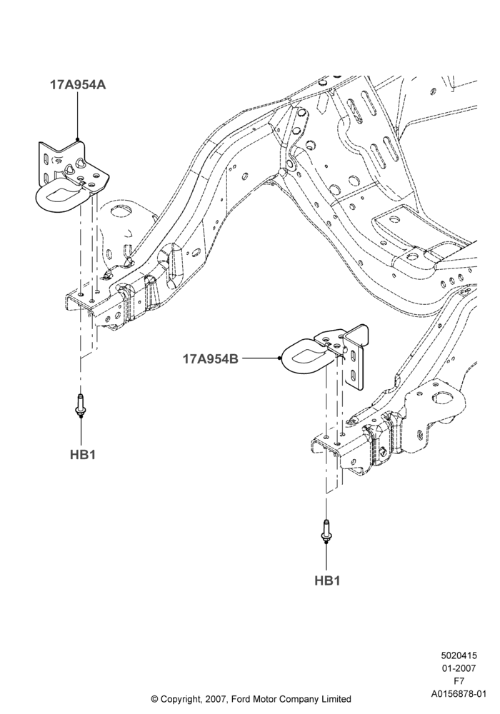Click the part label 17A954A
pyautogui.click(x=78, y=85)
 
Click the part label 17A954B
pyautogui.click(x=211, y=359)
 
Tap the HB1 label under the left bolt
pyautogui.click(x=83, y=455)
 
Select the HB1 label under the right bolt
pyautogui.click(x=327, y=580)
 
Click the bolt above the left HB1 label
pyautogui.click(x=81, y=405)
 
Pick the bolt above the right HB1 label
pyautogui.click(x=326, y=531)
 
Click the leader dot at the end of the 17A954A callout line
pyautogui.click(x=78, y=139)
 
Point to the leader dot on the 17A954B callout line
pyautogui.click(x=279, y=359)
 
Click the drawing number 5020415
pyautogui.click(x=459, y=655)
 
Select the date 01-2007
pyautogui.click(x=459, y=668)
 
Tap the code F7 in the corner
pyautogui.click(x=459, y=681)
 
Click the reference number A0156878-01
pyautogui.click(x=459, y=694)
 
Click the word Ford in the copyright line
pyautogui.click(x=242, y=699)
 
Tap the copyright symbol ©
pyautogui.click(x=154, y=699)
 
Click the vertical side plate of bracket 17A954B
pyautogui.click(x=356, y=358)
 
